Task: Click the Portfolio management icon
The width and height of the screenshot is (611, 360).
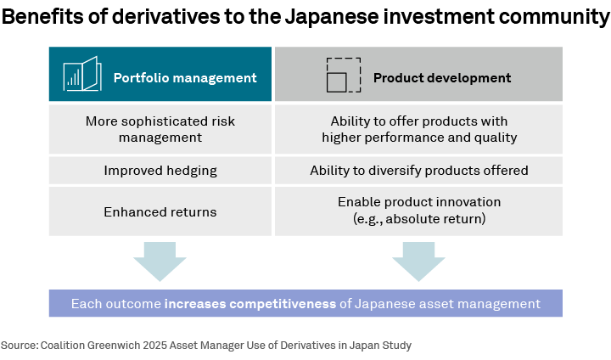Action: coord(81,74)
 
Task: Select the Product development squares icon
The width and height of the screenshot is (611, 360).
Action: coord(342,75)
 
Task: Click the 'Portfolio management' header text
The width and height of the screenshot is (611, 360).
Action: coord(185,78)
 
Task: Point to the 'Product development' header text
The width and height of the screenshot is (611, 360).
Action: coord(442,78)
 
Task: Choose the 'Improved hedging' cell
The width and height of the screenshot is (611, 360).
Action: coord(160,171)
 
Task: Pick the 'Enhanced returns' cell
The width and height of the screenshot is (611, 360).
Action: coord(160,211)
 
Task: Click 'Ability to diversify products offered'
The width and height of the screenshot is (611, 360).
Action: coord(419,171)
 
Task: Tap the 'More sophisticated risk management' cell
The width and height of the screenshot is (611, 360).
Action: coord(160,129)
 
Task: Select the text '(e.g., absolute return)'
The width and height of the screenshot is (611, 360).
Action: coord(419,219)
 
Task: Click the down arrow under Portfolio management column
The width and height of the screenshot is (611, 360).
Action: coord(160,262)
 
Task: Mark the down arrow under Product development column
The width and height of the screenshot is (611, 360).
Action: coord(418,262)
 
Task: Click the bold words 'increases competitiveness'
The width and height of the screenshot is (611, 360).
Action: coord(251,303)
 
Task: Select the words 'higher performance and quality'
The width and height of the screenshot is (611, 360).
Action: coord(419,137)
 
